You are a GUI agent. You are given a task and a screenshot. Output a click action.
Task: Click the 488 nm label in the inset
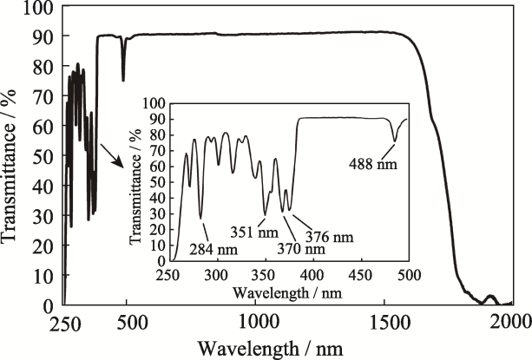[x=373, y=160]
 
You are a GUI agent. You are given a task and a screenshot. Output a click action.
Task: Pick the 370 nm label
[x=302, y=250]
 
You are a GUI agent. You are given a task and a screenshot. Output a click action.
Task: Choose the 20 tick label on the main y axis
[x=43, y=245]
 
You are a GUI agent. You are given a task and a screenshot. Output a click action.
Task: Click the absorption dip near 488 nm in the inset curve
[x=395, y=140]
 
